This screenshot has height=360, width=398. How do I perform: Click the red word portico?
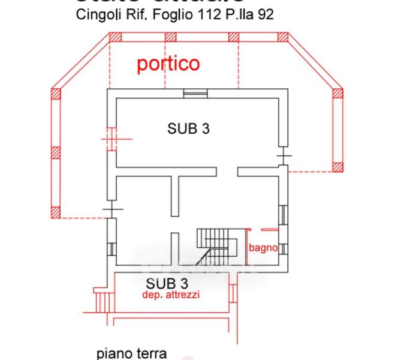(168, 64)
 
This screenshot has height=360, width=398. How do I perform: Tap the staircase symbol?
(211, 244)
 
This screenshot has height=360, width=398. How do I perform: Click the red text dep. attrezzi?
(171, 295)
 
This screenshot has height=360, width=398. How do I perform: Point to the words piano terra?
(131, 353)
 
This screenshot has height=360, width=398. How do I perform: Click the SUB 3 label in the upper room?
(188, 128)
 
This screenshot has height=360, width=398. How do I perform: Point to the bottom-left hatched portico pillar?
(56, 212)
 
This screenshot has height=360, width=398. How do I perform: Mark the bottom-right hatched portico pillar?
(337, 167)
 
